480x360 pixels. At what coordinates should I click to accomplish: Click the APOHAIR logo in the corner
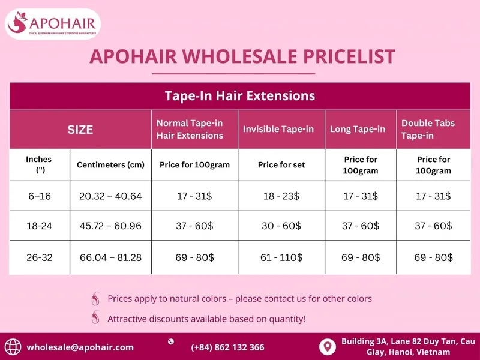tap(53, 24)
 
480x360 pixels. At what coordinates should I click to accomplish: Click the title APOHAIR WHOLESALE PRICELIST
tap(242, 56)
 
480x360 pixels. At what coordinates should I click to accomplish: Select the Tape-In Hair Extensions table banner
tap(240, 96)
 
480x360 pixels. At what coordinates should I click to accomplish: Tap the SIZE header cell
tap(80, 130)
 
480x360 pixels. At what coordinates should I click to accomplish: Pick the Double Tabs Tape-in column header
tap(428, 130)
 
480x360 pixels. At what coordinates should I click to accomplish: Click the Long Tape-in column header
tap(358, 130)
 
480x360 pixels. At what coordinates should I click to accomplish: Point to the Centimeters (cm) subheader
tap(111, 165)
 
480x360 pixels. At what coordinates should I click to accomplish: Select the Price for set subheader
tap(281, 165)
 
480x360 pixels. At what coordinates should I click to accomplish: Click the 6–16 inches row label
tap(39, 196)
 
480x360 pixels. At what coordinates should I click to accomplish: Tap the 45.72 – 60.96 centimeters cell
tap(111, 226)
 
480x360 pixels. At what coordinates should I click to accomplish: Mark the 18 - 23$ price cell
tap(281, 196)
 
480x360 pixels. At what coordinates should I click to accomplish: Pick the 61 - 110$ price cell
tap(281, 258)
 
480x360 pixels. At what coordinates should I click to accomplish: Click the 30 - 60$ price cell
tap(281, 226)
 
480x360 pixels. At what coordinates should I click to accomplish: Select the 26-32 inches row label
tap(39, 258)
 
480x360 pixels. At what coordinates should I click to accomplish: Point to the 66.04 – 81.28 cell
tap(111, 258)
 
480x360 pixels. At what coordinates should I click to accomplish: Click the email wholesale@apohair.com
tap(80, 347)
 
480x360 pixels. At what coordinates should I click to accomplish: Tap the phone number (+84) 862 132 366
tap(227, 347)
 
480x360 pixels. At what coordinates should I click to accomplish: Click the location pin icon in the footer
tap(327, 347)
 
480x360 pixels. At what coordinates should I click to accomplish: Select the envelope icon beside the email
tap(13, 347)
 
